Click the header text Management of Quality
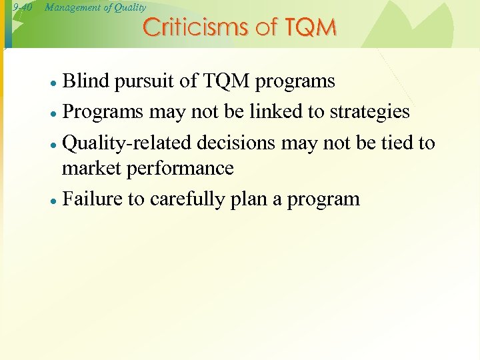pyautogui.click(x=95, y=7)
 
